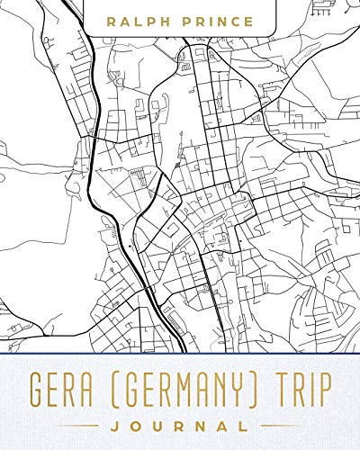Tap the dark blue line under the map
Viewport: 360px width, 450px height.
180,355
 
